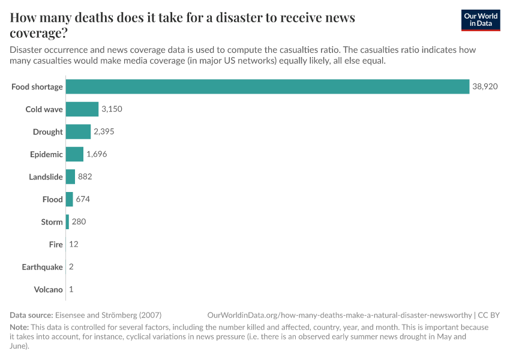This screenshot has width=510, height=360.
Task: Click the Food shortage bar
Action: point(267,86)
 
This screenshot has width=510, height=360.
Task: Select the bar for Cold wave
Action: point(82,109)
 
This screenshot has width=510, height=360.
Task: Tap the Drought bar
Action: point(78,131)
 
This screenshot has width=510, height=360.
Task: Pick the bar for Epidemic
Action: point(74,154)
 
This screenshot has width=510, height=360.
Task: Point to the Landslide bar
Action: point(70,176)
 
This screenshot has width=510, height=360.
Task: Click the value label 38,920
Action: point(485,86)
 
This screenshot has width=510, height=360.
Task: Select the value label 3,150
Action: point(112,109)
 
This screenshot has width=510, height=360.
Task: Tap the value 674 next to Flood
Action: point(83,199)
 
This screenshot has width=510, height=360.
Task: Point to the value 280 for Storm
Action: point(79,221)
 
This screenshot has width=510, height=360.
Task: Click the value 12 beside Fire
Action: point(74,244)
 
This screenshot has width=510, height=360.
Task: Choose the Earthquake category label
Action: point(42,267)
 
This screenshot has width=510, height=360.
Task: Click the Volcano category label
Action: point(48,289)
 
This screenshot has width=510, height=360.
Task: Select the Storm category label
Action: point(52,222)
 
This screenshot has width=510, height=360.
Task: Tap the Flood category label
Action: point(52,199)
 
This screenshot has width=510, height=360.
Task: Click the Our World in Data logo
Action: point(480,20)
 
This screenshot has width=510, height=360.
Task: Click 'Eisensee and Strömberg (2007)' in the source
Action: point(108,315)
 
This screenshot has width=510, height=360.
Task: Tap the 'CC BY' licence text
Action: point(488,315)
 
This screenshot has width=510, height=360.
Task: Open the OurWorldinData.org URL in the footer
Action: point(339,315)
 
